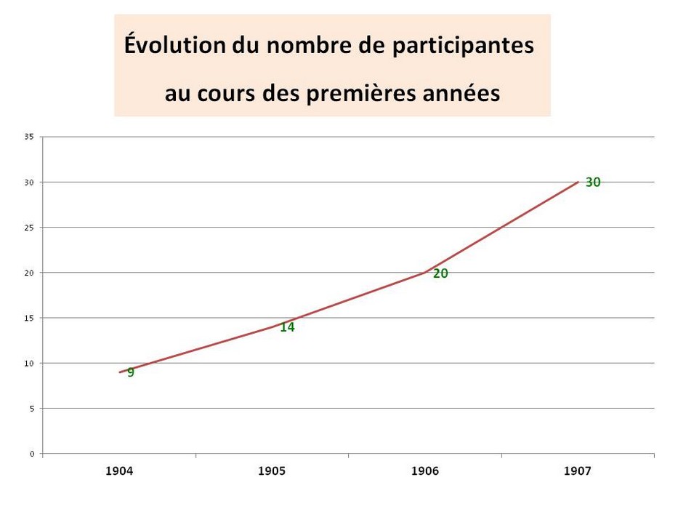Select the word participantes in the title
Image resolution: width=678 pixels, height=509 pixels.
[463, 46]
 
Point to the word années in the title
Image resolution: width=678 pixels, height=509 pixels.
[464, 94]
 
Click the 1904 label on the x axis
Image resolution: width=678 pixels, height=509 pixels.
[119, 471]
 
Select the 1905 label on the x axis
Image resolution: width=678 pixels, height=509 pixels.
[272, 471]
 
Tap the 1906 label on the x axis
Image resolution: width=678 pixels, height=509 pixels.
[425, 471]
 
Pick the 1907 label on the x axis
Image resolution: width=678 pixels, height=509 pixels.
[578, 471]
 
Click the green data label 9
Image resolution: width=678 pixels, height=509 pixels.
[131, 373]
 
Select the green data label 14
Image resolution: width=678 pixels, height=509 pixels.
[287, 327]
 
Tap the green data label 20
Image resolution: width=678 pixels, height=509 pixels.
[440, 274]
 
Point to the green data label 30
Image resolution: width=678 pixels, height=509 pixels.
[593, 183]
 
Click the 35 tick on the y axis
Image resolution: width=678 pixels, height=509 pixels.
[29, 136]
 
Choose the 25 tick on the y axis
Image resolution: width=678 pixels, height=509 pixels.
[29, 227]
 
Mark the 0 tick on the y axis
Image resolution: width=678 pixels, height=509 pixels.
[32, 454]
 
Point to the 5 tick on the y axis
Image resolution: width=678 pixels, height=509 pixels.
[32, 409]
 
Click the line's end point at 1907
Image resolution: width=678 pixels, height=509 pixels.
[578, 182]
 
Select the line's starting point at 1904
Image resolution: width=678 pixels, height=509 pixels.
[120, 372]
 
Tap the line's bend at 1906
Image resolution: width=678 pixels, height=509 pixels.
[425, 273]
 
